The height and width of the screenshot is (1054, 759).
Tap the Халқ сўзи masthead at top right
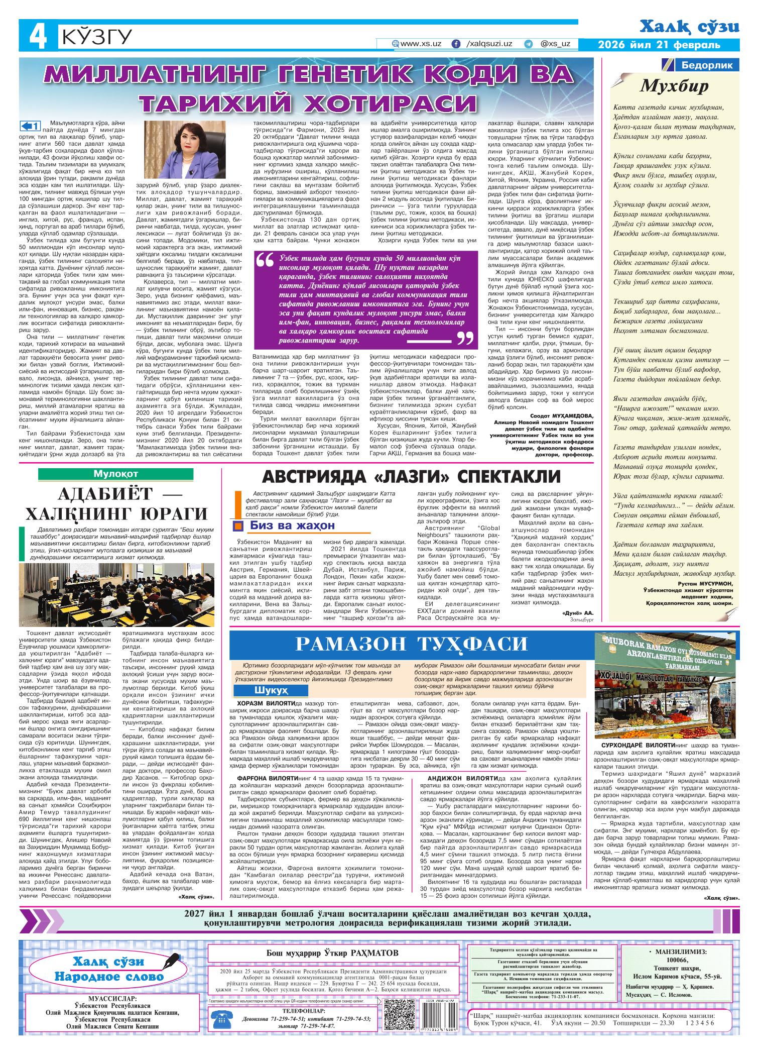point(690,27)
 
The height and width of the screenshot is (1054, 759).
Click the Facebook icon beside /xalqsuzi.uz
point(456,44)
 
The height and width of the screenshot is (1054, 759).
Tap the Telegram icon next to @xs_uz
point(528,44)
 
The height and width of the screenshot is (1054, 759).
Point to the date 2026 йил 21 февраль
point(659,45)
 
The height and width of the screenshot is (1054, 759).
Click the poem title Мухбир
point(674,86)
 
